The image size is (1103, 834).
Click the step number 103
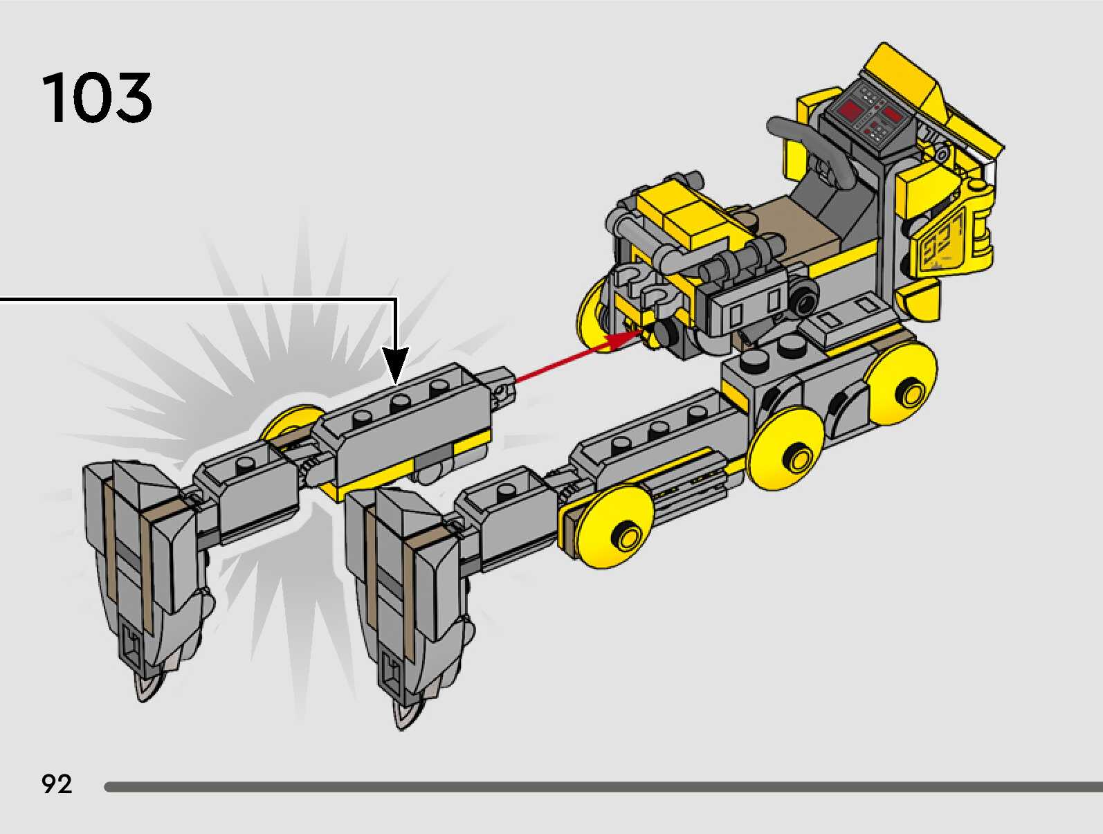coord(97,98)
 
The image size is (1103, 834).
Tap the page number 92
coord(57,784)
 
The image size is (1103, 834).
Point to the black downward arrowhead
coord(396,365)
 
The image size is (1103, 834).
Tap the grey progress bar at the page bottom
coord(602,787)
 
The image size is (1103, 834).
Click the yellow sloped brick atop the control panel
coord(900,76)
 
